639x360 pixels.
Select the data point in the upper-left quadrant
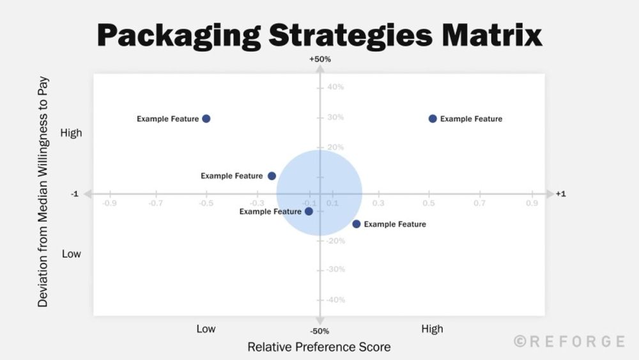coord(206,119)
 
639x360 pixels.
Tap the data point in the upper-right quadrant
coord(433,119)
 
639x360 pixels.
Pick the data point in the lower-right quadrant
coord(357,224)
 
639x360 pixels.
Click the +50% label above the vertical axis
coord(319,59)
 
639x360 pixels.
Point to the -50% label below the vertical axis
coord(319,331)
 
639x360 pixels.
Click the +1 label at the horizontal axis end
coord(560,194)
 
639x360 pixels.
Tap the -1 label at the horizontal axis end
coord(75,194)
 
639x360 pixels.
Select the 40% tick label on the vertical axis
coord(335,87)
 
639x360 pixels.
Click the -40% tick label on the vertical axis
coord(334,300)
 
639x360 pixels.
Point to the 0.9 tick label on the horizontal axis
coord(532,203)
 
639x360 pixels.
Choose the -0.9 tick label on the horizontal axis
coord(109,203)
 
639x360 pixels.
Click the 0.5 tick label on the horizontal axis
coord(429,203)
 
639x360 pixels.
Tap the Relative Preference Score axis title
coord(319,347)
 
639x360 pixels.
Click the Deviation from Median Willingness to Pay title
coord(43,192)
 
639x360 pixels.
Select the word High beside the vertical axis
coord(71,133)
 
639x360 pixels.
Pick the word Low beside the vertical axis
coord(71,254)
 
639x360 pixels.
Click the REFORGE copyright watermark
coord(569,342)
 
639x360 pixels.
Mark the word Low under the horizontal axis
coord(206,329)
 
